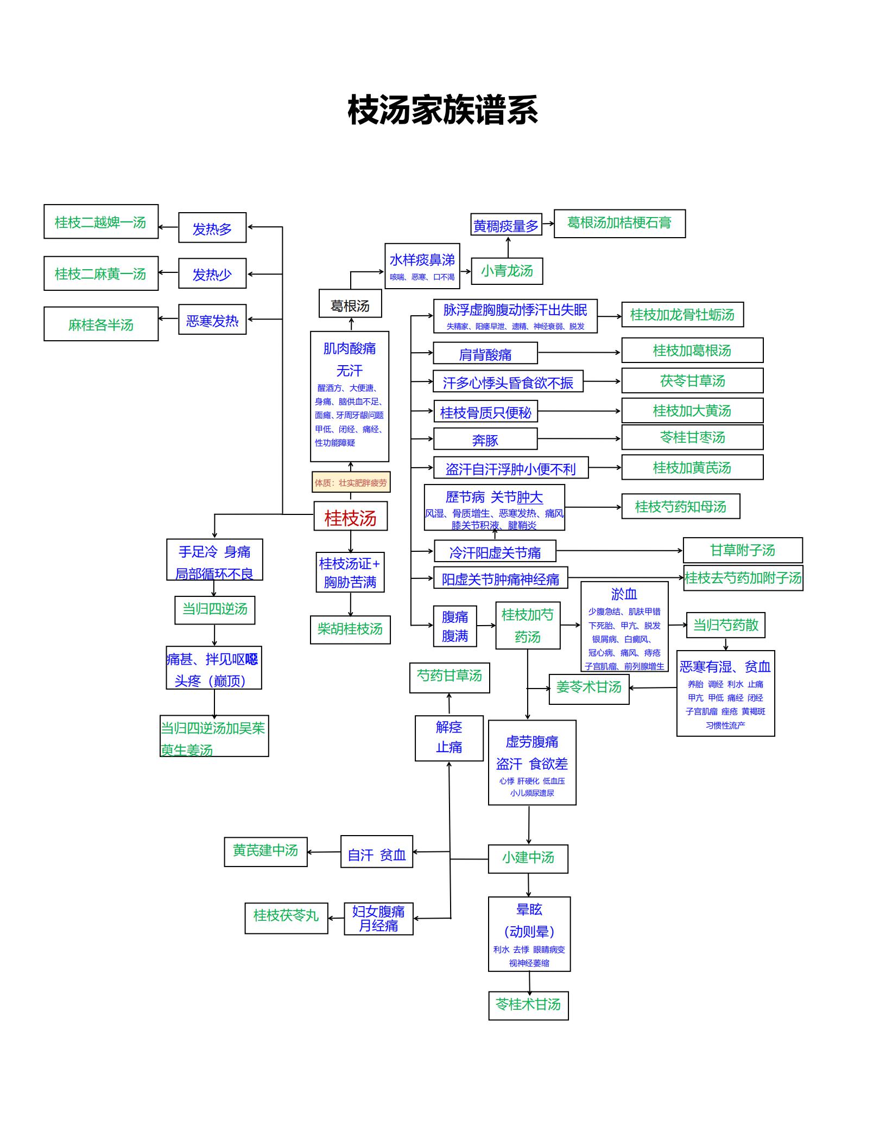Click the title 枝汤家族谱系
[443, 110]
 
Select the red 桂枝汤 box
[351, 516]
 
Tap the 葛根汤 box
[350, 303]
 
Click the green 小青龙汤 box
[507, 271]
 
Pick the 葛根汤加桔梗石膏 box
[619, 224]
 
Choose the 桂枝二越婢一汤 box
[101, 221]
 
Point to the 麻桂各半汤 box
[101, 324]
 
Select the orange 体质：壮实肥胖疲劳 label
[351, 482]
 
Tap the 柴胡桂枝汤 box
[350, 629]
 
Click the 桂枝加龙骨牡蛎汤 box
[682, 315]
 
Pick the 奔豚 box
[485, 439]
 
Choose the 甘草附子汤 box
[743, 550]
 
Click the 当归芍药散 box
[726, 625]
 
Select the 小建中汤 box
[528, 859]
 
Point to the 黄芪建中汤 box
[265, 852]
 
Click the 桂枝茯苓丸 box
[286, 918]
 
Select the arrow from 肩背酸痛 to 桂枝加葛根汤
[579, 353]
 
